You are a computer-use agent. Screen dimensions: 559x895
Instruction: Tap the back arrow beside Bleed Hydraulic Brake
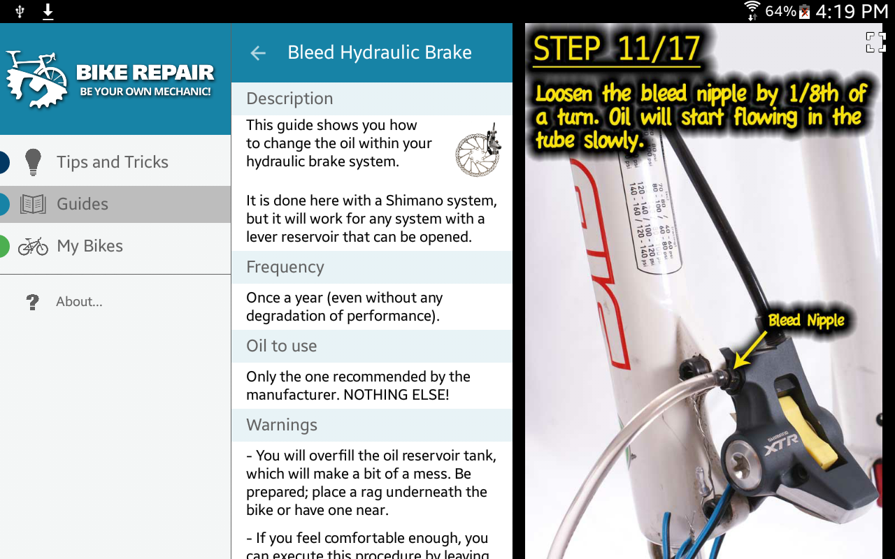pos(258,53)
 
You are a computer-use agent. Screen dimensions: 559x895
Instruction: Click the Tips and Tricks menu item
pos(112,162)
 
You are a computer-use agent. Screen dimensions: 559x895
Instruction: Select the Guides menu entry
pos(83,204)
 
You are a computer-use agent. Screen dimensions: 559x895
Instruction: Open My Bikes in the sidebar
pos(89,246)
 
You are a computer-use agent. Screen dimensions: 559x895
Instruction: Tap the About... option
pos(79,302)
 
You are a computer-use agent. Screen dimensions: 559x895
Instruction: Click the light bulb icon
pos(33,162)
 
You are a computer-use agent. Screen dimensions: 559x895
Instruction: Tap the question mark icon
pos(32,302)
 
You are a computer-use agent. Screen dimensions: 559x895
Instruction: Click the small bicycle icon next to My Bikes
pos(33,246)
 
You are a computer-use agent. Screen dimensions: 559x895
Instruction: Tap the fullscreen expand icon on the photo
pos(875,42)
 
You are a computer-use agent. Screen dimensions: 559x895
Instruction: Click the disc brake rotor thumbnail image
pos(478,150)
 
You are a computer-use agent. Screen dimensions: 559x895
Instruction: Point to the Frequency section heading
pos(285,267)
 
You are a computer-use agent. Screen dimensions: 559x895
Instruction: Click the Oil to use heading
pos(282,346)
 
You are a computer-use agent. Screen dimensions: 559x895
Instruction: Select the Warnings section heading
pos(282,425)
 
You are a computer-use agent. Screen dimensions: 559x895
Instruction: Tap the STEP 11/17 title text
pos(616,49)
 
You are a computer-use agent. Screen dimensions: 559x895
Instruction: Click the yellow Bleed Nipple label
pos(805,321)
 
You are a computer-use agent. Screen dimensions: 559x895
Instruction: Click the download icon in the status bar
pos(48,11)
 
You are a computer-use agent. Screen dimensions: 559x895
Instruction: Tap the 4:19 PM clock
pos(851,11)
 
